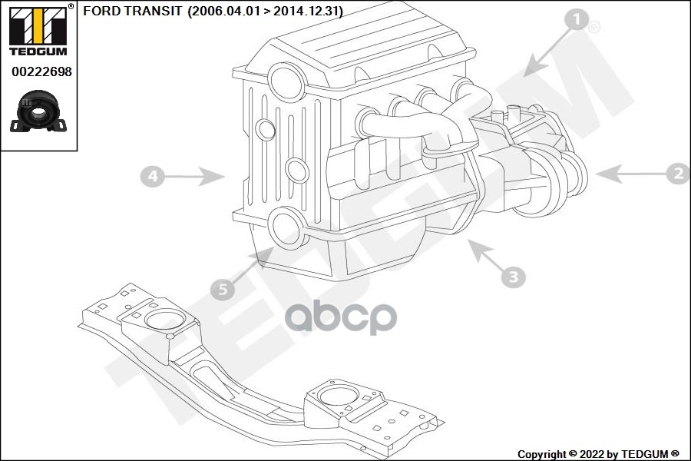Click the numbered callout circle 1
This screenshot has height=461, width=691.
(x=577, y=20)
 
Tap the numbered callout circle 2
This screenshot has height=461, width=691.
(x=679, y=173)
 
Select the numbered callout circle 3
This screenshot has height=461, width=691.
(x=514, y=277)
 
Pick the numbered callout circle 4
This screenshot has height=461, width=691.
(x=153, y=176)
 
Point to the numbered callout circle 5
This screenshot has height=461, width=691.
(x=222, y=289)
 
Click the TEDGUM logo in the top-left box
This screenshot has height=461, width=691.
(x=38, y=31)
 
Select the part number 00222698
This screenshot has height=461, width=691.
(x=41, y=71)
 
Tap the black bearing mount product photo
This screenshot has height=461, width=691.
(x=38, y=111)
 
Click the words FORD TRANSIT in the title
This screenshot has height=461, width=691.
(x=132, y=11)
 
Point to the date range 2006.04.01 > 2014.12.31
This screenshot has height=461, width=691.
(x=266, y=11)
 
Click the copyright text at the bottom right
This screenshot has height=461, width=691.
(x=598, y=454)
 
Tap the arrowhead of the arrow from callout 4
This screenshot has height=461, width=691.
(x=213, y=177)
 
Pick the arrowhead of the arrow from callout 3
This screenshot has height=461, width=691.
(x=478, y=249)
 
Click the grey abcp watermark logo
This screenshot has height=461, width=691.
(x=341, y=317)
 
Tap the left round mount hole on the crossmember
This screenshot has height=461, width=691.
(x=165, y=319)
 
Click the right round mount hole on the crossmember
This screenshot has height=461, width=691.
(x=338, y=395)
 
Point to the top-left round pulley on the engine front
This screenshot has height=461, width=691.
(x=287, y=82)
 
